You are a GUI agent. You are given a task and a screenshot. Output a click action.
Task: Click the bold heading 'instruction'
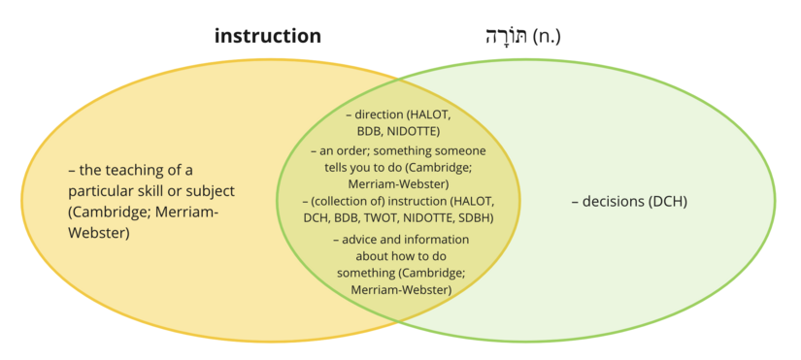pyautogui.click(x=268, y=37)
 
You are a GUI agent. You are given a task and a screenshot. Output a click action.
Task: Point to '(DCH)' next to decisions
pyautogui.click(x=669, y=202)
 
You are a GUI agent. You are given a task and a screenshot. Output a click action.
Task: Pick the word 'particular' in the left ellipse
pyautogui.click(x=102, y=191)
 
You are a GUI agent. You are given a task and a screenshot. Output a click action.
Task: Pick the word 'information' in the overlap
pyautogui.click(x=433, y=240)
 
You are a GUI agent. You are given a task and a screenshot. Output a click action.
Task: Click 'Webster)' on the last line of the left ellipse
pyautogui.click(x=98, y=233)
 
